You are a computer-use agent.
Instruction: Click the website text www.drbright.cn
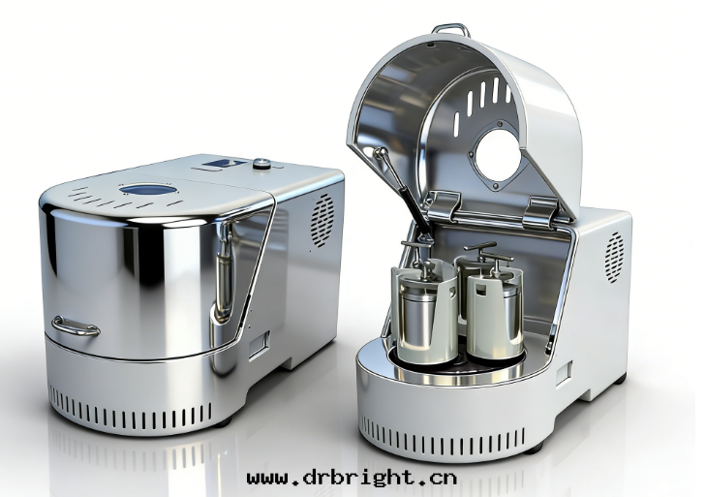tap(352, 478)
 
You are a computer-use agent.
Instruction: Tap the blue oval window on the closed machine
tap(147, 189)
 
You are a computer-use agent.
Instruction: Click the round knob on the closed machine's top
tap(261, 164)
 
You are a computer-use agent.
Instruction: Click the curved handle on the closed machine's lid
tap(76, 326)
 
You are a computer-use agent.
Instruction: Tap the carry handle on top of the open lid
tap(450, 30)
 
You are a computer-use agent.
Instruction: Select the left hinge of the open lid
tap(444, 206)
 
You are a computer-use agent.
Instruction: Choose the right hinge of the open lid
tap(541, 212)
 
